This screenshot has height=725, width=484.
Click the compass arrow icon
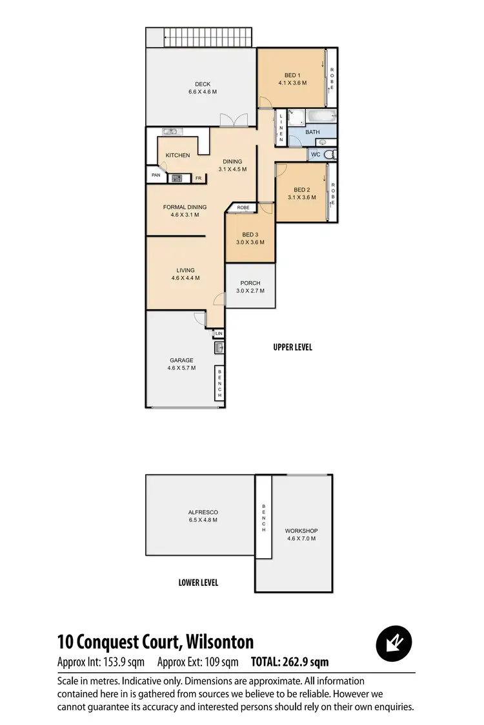pyautogui.click(x=394, y=643)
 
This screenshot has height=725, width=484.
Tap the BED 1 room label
pyautogui.click(x=292, y=75)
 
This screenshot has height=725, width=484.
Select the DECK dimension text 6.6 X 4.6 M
pyautogui.click(x=203, y=92)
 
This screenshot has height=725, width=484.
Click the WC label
pyautogui.click(x=316, y=155)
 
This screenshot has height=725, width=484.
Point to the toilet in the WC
pyautogui.click(x=329, y=154)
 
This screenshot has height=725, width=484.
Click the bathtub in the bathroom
pyautogui.click(x=321, y=117)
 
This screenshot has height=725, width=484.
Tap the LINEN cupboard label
pyautogui.click(x=281, y=128)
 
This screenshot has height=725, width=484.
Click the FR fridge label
pyautogui.click(x=198, y=178)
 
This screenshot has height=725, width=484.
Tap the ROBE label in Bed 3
pyautogui.click(x=243, y=208)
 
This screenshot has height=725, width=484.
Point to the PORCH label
pyautogui.click(x=250, y=283)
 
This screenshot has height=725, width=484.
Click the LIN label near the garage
pyautogui.click(x=219, y=333)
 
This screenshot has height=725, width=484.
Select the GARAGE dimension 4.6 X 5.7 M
pyautogui.click(x=181, y=369)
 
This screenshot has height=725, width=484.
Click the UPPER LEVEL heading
pyautogui.click(x=292, y=347)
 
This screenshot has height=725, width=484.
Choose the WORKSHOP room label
pyautogui.click(x=301, y=531)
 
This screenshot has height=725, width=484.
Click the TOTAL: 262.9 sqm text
pyautogui.click(x=290, y=662)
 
